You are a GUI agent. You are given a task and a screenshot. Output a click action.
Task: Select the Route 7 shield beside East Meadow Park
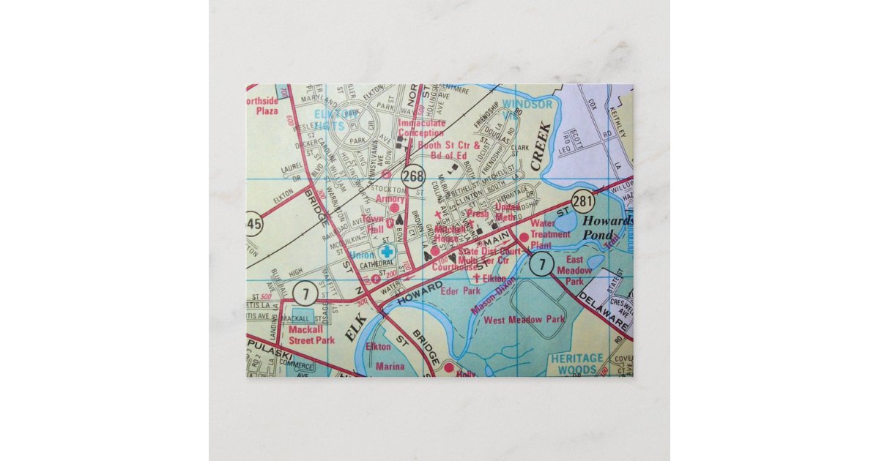tap(541, 265)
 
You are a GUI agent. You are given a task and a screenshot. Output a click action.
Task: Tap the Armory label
tap(389, 199)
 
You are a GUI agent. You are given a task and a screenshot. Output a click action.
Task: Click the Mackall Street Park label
tap(311, 334)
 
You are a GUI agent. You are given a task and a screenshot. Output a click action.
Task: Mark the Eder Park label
tap(455, 291)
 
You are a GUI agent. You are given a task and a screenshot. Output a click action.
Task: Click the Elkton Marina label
tap(379, 356)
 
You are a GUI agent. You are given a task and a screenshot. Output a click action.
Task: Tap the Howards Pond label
tap(606, 227)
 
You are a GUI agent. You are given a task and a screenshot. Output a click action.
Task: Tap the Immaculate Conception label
tap(421, 129)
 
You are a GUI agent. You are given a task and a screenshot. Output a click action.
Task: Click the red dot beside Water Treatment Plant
tap(524, 236)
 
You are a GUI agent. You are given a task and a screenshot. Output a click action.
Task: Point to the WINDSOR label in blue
tap(527, 105)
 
